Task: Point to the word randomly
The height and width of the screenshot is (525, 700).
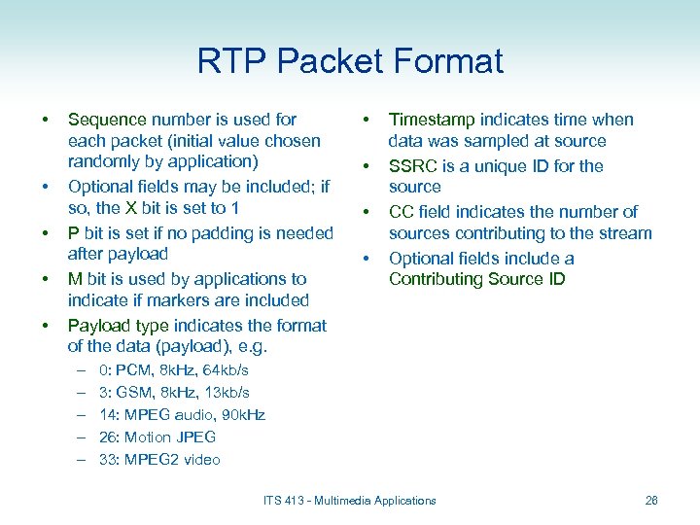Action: tap(103, 161)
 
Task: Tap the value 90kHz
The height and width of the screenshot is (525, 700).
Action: tap(241, 415)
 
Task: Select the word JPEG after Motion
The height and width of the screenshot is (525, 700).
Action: tap(196, 437)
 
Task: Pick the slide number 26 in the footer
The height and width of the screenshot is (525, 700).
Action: tap(651, 501)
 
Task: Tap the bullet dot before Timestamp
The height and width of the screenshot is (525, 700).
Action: tap(367, 120)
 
